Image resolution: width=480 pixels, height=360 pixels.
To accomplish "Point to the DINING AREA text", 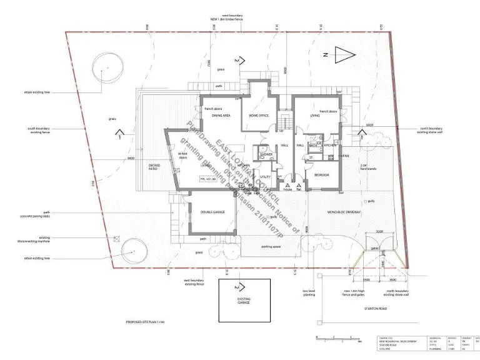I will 222,116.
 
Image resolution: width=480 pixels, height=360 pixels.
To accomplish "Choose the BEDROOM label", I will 322,175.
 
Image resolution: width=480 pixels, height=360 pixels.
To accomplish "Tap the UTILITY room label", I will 264,177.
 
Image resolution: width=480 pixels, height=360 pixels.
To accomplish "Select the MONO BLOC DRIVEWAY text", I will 343,212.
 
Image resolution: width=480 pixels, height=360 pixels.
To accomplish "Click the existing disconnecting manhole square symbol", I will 117,239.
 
